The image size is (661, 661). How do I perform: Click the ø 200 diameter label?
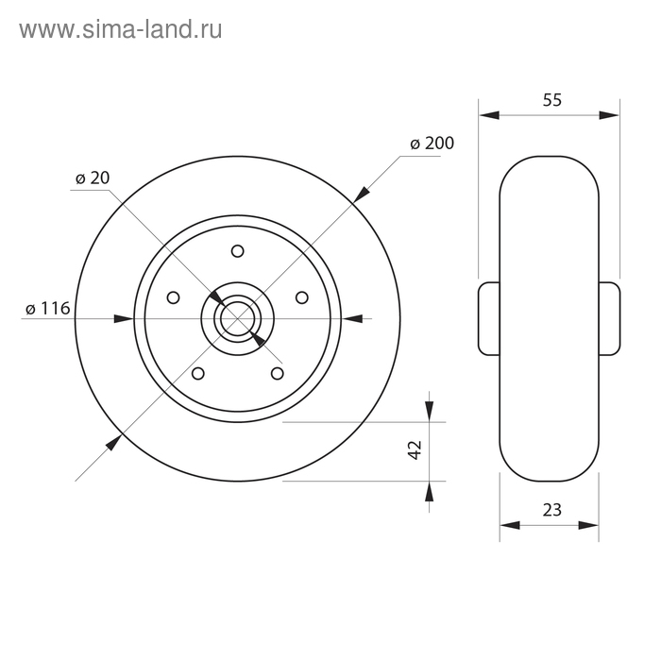432,144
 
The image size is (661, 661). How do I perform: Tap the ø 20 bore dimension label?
93,178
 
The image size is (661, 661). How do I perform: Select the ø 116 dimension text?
47,309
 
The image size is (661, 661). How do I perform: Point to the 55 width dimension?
551,100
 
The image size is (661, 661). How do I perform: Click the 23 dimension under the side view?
551,510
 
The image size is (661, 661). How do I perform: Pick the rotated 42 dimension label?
415,449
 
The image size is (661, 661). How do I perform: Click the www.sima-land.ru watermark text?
121,30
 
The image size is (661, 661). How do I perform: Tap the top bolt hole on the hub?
238,251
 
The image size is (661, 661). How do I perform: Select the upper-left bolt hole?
173,297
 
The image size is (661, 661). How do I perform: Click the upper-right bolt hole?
302,297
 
